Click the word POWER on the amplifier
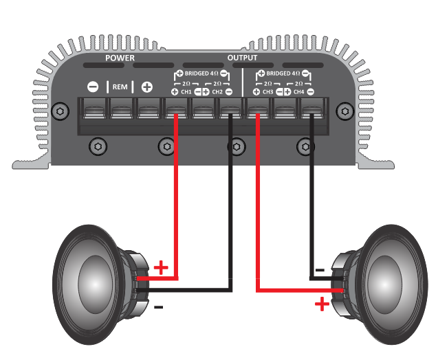coord(120,58)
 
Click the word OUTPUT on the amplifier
coord(242,58)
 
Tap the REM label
coord(120,87)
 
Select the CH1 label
coord(186,92)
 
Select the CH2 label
coord(217,92)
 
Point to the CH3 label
coord(267,92)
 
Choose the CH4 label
coord(298,92)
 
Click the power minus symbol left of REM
coord(93,87)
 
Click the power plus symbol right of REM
coord(147,87)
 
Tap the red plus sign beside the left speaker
coord(161,268)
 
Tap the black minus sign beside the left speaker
coord(158,307)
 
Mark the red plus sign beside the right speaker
coord(322,304)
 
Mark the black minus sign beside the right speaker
coord(320,270)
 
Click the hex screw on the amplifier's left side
coord(60,111)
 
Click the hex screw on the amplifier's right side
coord(345,111)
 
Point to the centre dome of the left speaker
coord(96,284)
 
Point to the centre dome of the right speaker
coord(384,284)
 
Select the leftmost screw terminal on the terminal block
coord(94,109)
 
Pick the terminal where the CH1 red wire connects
coord(176,109)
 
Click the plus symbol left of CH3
coord(256,92)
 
